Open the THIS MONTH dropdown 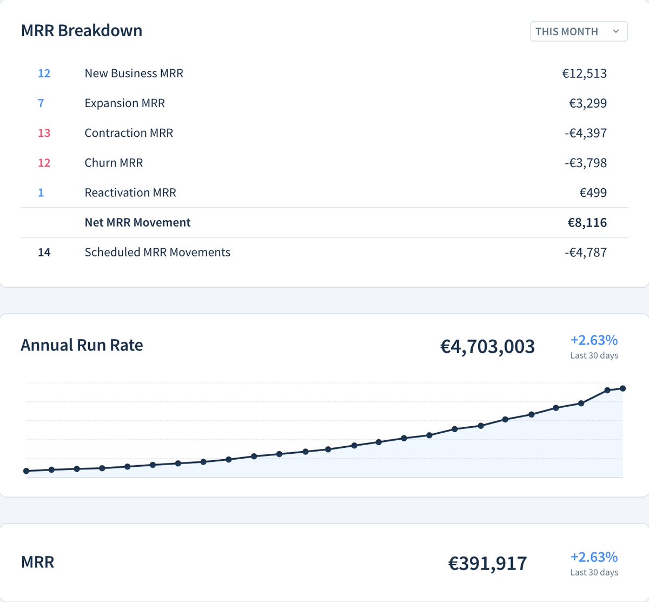578,31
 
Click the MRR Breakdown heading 82,31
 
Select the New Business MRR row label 134,74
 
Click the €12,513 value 584,74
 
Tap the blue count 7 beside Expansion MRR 41,103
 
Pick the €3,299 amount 587,103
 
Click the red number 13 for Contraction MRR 44,133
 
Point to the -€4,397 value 585,133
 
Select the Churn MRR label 114,163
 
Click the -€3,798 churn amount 585,163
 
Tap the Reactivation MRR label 130,193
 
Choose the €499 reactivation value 593,193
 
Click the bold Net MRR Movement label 137,222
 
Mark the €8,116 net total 587,222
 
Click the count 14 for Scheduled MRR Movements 44,252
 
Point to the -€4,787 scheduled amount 585,252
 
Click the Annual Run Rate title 82,345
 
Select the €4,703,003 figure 487,346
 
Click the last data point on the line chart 622,388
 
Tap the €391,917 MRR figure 487,564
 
